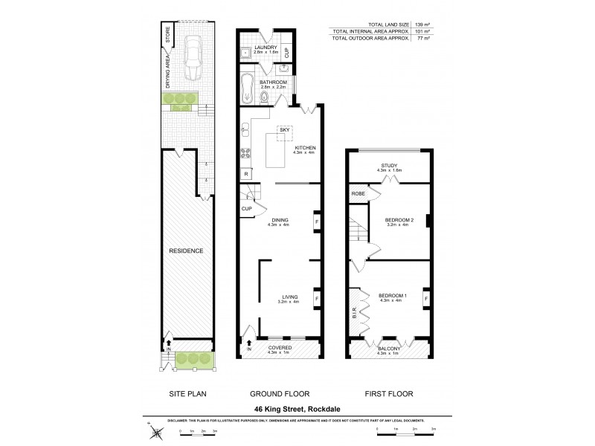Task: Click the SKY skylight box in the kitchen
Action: pyautogui.click(x=284, y=132)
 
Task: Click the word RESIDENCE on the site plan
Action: pyautogui.click(x=185, y=251)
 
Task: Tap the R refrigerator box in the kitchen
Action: pyautogui.click(x=245, y=174)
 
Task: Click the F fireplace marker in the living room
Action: pyautogui.click(x=318, y=300)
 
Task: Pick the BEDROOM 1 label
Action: pyautogui.click(x=391, y=294)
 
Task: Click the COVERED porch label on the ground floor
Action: pyautogui.click(x=280, y=347)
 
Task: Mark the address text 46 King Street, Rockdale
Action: pyautogui.click(x=297, y=408)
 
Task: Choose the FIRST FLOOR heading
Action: pyautogui.click(x=387, y=393)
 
